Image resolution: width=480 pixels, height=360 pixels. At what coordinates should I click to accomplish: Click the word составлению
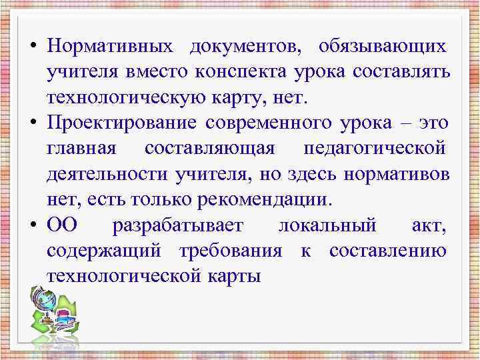(388, 251)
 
